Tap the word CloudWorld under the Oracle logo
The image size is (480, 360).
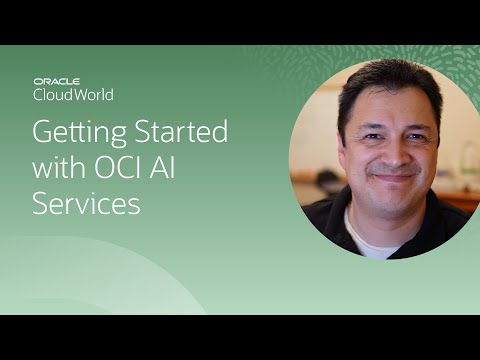pyautogui.click(x=73, y=95)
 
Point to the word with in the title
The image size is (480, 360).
pyautogui.click(x=59, y=169)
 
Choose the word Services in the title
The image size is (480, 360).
pyautogui.click(x=87, y=204)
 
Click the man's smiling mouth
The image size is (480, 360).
pyautogui.click(x=392, y=175)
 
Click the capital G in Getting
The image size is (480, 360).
pyautogui.click(x=44, y=133)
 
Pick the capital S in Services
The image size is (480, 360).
pyautogui.click(x=42, y=204)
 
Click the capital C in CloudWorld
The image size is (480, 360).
pyautogui.click(x=39, y=95)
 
